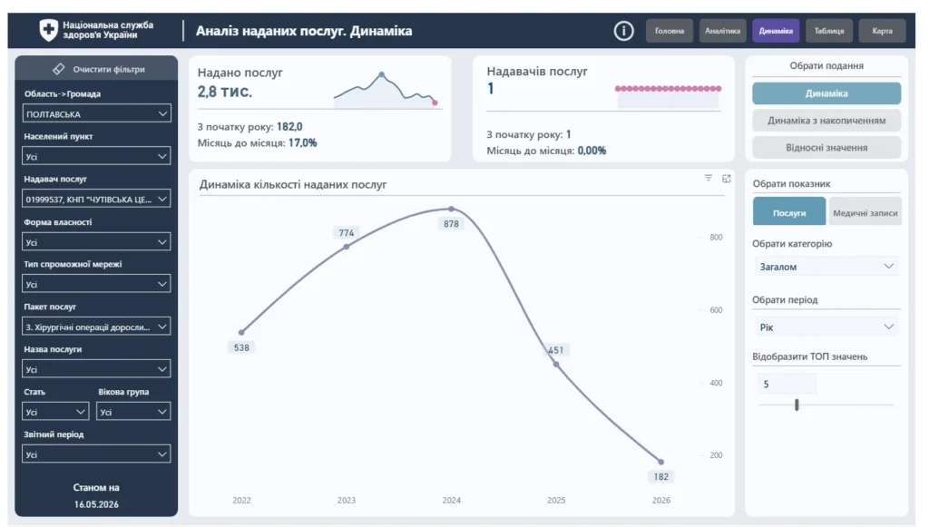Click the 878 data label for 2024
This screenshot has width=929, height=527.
click(x=451, y=224)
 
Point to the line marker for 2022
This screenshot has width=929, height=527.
click(x=241, y=332)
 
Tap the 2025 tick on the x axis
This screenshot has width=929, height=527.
click(x=556, y=501)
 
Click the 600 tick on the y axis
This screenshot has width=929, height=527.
click(x=716, y=309)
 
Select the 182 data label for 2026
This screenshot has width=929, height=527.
click(x=660, y=477)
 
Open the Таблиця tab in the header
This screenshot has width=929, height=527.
click(x=829, y=31)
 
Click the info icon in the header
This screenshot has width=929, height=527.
click(x=623, y=31)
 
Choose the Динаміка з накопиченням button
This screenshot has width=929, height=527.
click(x=826, y=121)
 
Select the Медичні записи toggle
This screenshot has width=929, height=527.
click(x=865, y=212)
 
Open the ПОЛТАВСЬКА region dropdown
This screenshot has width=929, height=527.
click(x=96, y=113)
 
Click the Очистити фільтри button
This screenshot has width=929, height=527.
click(x=96, y=69)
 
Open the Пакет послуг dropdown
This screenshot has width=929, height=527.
click(x=96, y=327)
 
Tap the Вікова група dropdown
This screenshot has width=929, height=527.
click(x=133, y=412)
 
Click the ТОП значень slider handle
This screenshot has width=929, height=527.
click(x=797, y=405)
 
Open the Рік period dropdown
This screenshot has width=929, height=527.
click(x=826, y=327)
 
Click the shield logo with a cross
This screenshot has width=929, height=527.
click(x=49, y=30)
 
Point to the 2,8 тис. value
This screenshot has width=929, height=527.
click(x=225, y=92)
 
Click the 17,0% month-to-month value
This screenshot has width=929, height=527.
click(x=303, y=142)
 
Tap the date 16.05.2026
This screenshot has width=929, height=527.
click(x=96, y=504)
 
